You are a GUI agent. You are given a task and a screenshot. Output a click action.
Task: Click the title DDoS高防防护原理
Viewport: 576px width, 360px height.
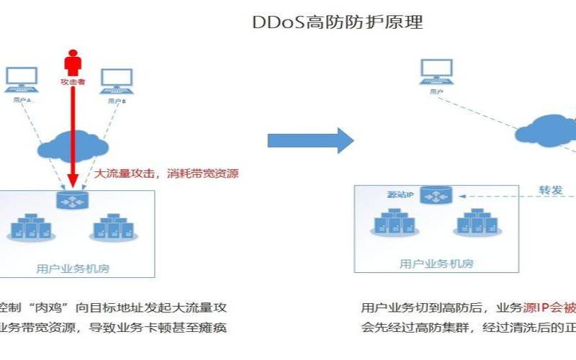click(x=337, y=22)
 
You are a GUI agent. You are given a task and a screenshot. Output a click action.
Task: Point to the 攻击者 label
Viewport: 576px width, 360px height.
click(x=73, y=84)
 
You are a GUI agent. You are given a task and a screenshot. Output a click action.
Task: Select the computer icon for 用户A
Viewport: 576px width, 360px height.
click(x=22, y=81)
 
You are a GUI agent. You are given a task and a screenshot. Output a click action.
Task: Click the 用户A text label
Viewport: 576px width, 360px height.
click(x=22, y=102)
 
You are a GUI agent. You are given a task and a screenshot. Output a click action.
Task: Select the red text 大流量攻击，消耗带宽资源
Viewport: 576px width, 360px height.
click(x=166, y=174)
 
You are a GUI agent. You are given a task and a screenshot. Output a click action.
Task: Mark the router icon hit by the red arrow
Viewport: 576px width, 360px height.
click(x=73, y=199)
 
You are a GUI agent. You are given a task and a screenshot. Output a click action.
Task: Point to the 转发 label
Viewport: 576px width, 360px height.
click(x=551, y=191)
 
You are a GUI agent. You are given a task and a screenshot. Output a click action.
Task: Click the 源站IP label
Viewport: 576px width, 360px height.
click(x=399, y=196)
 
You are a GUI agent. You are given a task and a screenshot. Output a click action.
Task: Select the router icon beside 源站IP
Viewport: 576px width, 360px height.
click(x=436, y=197)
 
